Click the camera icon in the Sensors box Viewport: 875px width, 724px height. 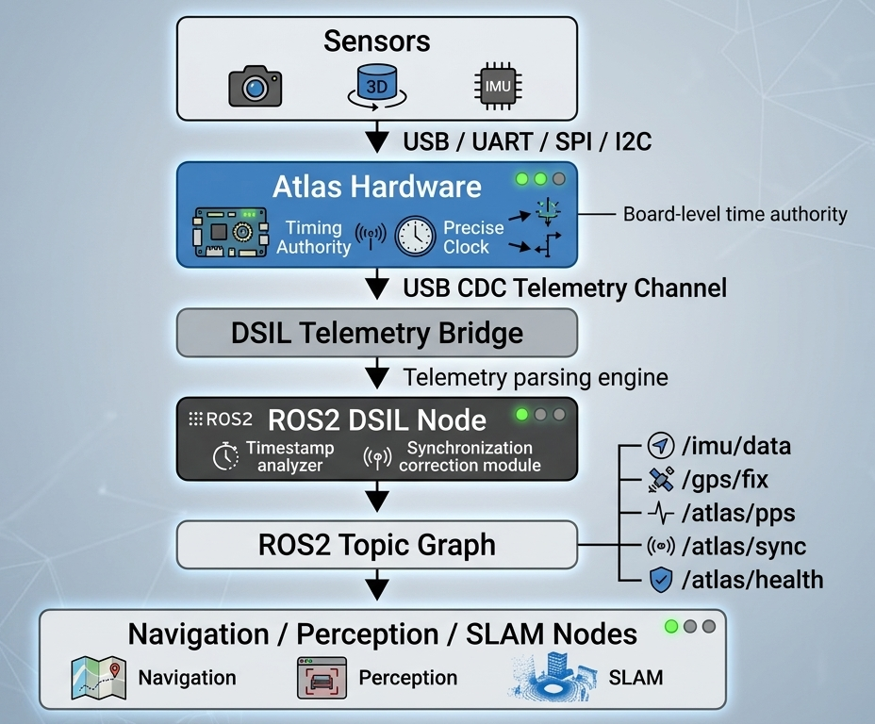tap(255, 86)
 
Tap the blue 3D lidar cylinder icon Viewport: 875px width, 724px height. tap(377, 86)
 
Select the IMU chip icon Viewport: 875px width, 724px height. tap(498, 86)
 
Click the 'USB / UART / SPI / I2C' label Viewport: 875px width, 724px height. tap(527, 141)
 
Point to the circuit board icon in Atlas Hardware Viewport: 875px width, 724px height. tap(230, 233)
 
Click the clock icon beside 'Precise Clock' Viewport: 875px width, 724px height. tap(415, 237)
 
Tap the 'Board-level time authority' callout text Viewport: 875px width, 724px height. tap(735, 214)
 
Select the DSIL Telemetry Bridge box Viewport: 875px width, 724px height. tap(376, 333)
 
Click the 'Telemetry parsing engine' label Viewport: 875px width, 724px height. tap(536, 378)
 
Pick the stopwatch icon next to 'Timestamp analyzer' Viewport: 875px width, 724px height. tap(225, 455)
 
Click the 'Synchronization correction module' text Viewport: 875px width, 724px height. tap(470, 456)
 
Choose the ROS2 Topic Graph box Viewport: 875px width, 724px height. tap(376, 545)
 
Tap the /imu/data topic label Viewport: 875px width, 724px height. tap(736, 446)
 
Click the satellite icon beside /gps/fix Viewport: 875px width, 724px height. tap(661, 480)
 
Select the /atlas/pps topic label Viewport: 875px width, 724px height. tap(738, 514)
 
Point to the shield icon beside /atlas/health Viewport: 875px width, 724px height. tap(661, 580)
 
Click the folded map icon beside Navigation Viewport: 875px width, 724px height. tap(99, 678)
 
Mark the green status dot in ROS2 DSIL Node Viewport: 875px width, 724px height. tap(522, 415)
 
